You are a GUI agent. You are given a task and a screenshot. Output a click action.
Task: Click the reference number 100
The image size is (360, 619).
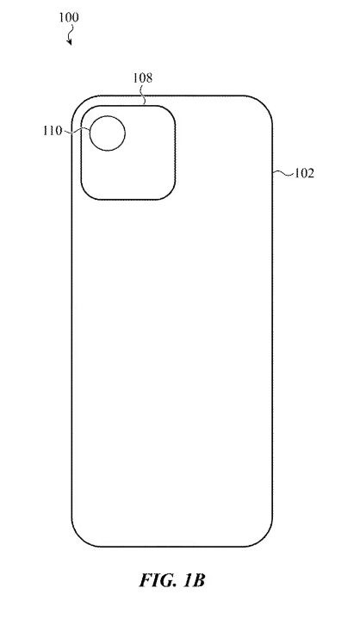(66, 16)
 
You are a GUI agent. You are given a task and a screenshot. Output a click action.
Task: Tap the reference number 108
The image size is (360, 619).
(142, 77)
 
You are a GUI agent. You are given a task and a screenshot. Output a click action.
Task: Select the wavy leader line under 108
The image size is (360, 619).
(143, 94)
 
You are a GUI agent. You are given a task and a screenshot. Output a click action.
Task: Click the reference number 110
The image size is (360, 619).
(52, 131)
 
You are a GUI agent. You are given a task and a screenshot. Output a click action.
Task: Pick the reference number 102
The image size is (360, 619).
(304, 172)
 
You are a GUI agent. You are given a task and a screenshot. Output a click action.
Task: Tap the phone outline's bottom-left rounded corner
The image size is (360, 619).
(82, 536)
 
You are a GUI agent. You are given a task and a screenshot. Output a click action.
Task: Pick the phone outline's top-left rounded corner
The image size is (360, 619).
(83, 106)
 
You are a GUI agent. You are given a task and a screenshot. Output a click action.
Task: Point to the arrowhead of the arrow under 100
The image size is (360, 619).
(71, 42)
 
